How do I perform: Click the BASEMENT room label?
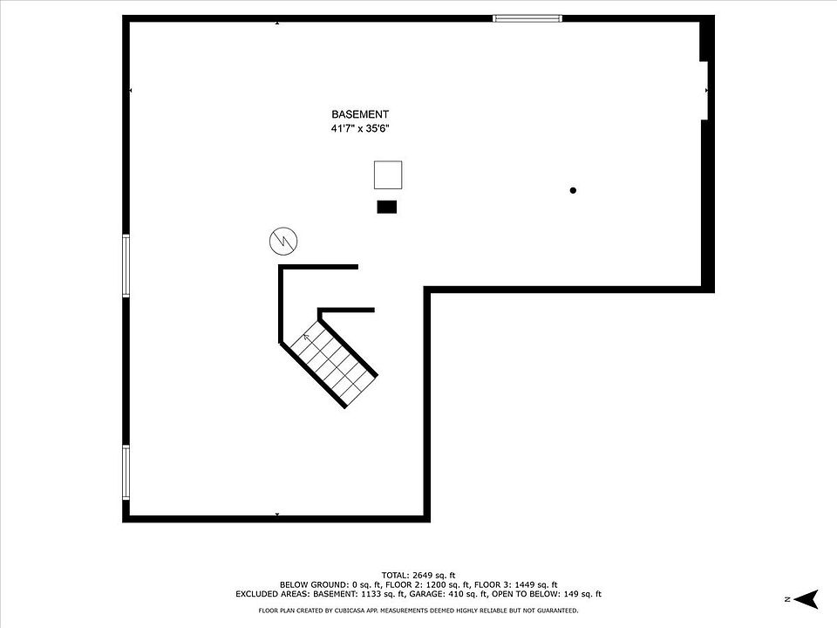(x=359, y=114)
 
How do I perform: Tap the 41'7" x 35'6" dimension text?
(x=359, y=128)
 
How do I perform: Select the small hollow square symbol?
(x=388, y=175)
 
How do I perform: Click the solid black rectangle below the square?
(x=386, y=207)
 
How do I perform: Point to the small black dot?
(x=573, y=190)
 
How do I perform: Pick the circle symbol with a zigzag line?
(x=282, y=241)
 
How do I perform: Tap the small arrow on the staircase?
(x=307, y=337)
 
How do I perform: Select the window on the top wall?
(x=527, y=17)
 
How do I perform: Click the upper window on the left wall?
(x=126, y=266)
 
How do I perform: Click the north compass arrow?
(x=807, y=598)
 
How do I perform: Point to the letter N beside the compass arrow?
(x=786, y=599)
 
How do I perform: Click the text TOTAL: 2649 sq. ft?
(x=418, y=575)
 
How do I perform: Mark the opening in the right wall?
(x=707, y=89)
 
